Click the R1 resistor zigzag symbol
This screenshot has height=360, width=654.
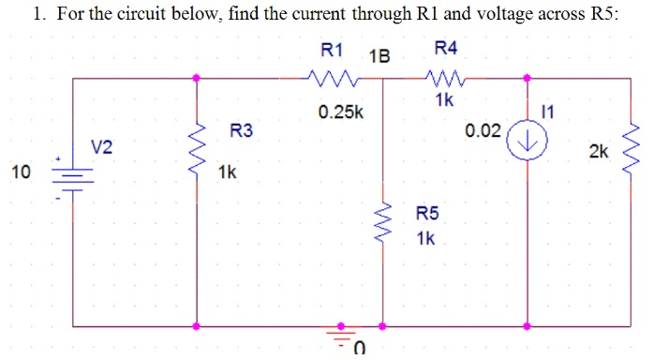pos(329,79)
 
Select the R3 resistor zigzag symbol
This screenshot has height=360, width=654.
pos(197,145)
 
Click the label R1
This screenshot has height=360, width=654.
pos(333,49)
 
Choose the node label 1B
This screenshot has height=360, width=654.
pos(379,55)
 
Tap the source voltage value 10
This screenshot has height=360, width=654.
pos(21,172)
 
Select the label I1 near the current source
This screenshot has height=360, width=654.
pos(548,112)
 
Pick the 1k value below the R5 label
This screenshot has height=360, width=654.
pos(425,239)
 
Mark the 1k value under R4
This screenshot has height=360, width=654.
pos(445,99)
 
